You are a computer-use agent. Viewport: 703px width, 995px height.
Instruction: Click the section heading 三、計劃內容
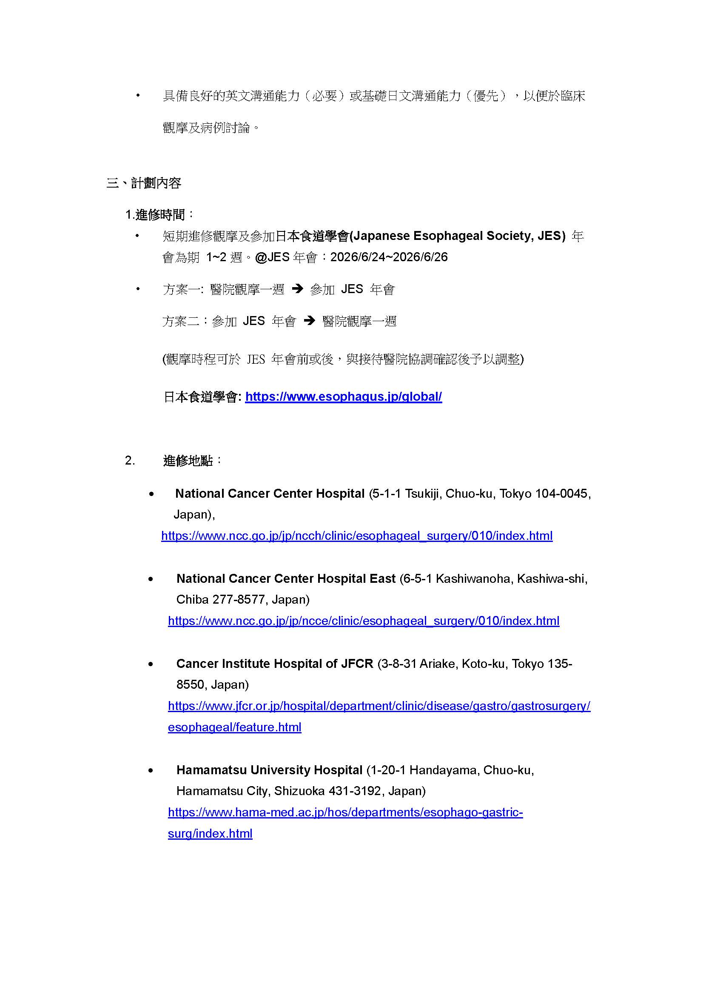tap(144, 183)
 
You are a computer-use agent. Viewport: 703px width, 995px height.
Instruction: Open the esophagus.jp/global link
tap(343, 396)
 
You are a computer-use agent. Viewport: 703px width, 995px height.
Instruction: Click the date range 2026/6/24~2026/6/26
tap(389, 257)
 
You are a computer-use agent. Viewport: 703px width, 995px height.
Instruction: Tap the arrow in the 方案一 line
tap(297, 288)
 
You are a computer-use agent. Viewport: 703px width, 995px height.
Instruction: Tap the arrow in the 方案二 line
tap(309, 321)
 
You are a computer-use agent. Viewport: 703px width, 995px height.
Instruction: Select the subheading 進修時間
tap(160, 214)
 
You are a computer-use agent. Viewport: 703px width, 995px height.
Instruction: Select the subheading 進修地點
tap(188, 460)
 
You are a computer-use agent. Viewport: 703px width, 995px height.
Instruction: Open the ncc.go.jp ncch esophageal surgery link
tap(356, 536)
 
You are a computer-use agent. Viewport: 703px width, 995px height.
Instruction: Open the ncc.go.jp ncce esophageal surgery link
tap(364, 621)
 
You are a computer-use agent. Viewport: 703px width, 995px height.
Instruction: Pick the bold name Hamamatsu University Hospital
tap(269, 770)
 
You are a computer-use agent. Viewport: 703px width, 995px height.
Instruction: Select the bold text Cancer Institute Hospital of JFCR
tap(275, 664)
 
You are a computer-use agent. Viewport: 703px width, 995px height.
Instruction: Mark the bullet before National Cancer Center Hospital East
tap(151, 579)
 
